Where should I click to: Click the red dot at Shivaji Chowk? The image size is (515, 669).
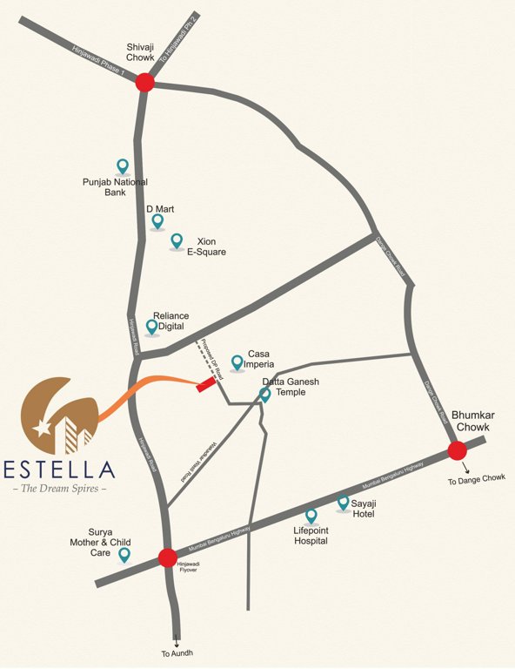click(144, 83)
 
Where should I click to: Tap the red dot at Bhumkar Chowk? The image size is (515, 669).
click(457, 450)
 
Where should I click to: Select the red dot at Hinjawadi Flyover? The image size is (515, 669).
click(168, 557)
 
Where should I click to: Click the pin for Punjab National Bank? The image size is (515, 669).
click(123, 165)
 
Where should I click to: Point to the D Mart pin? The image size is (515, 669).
click(157, 221)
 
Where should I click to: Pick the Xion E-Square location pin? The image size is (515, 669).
click(177, 240)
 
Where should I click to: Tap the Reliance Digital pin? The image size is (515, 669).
click(152, 327)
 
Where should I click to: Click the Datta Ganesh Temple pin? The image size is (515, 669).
click(265, 395)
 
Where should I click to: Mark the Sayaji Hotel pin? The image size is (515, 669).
click(343, 503)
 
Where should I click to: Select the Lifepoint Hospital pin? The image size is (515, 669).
click(311, 516)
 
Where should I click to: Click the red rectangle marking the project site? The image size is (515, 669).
click(206, 382)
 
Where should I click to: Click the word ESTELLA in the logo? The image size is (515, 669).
click(59, 470)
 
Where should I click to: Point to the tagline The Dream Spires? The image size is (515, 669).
click(60, 489)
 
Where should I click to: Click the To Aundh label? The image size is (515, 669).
click(177, 653)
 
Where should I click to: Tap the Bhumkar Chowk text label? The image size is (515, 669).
click(474, 422)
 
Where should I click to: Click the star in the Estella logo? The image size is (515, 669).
click(41, 428)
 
